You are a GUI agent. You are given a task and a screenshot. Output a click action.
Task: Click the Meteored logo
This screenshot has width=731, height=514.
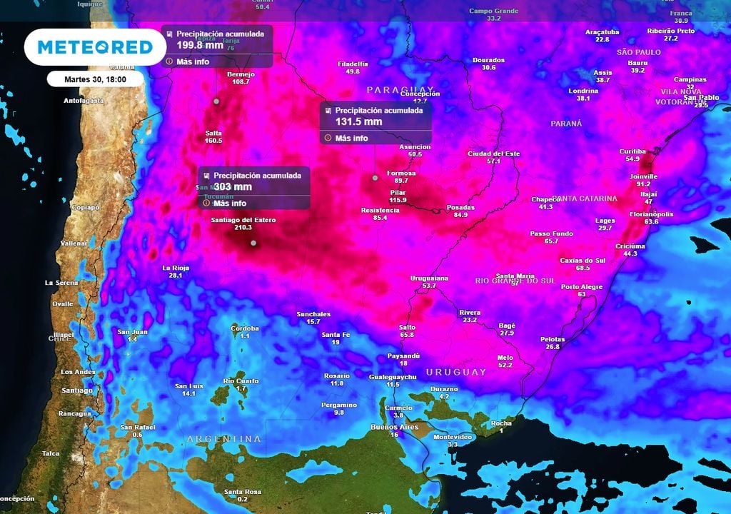pos(94,47)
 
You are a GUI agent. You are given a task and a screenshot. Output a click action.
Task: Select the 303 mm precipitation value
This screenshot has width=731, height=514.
pos(233,187)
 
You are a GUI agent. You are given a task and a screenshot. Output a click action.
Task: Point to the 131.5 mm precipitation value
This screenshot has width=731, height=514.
pos(358,122)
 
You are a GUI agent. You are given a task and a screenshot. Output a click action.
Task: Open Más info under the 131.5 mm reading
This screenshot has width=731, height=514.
pos(351,138)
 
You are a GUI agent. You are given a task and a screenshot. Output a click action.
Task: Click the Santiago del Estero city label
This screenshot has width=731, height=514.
pos(243,220)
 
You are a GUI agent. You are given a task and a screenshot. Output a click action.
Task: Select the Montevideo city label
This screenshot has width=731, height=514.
pos(453,436)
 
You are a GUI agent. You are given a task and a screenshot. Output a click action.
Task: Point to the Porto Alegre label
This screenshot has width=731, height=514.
pos(582,287)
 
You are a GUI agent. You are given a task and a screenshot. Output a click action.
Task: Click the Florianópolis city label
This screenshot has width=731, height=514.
pos(651,214)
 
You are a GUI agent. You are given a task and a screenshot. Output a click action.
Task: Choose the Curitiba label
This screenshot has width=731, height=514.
pos(632,151)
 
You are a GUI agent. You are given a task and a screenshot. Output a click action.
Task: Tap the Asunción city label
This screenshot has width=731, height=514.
pos(415,147)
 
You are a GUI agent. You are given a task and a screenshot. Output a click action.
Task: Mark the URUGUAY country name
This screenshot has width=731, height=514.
pos(456,373)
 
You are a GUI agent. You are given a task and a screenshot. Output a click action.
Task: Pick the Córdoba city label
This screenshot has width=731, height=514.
pos(245,328)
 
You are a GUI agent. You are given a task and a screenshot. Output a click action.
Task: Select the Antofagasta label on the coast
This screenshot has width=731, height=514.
pos(84,101)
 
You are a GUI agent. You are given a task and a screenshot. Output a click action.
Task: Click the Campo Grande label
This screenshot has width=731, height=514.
pos(493,11)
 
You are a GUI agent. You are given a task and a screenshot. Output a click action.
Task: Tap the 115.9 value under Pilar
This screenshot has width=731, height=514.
pos(398,200)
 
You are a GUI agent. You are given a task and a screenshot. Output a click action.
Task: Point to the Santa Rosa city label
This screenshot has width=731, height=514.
pos(242,491)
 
